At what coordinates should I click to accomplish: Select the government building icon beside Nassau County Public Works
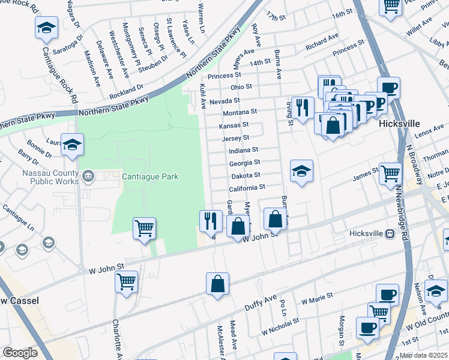pyautogui.click(x=88, y=176)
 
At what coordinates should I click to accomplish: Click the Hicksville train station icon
pyautogui.click(x=390, y=234)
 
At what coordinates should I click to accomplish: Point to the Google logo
pyautogui.click(x=20, y=353)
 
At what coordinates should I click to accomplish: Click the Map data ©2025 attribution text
pyautogui.click(x=423, y=355)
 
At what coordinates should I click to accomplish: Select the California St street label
pyautogui.click(x=247, y=188)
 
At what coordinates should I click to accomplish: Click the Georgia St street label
pyautogui.click(x=244, y=163)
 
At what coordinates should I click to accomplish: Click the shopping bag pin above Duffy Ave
pyautogui.click(x=217, y=284)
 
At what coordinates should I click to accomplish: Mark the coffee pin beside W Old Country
pyautogui.click(x=367, y=328)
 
